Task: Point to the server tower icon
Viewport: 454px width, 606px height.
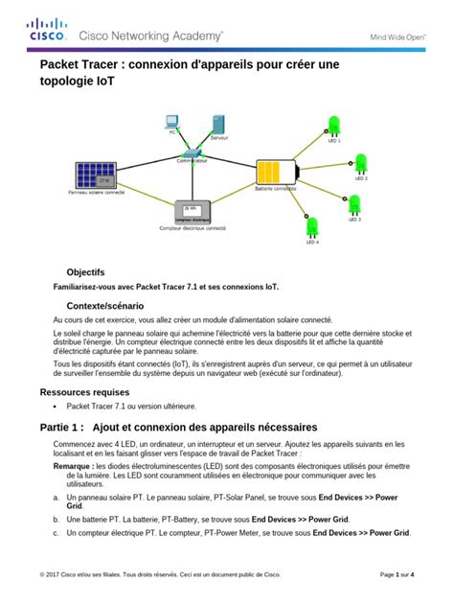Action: (x=218, y=125)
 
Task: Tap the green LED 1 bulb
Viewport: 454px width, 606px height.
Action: (x=334, y=125)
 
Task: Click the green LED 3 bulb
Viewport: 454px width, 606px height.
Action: (x=354, y=204)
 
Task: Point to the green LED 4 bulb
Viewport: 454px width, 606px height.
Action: (x=312, y=227)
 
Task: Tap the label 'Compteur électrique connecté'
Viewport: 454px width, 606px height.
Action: (x=193, y=228)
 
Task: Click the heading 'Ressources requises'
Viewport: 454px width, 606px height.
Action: (x=84, y=392)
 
